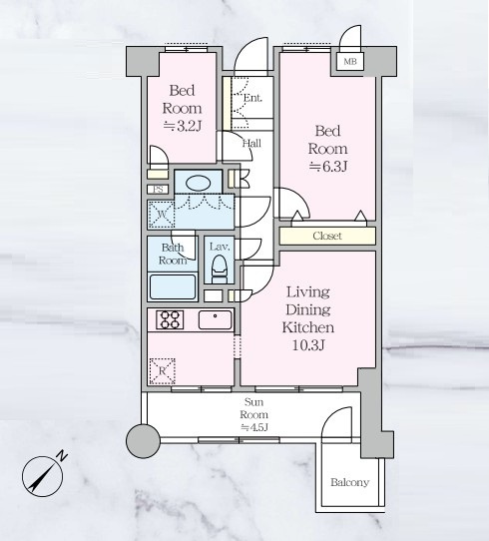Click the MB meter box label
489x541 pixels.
click(350, 62)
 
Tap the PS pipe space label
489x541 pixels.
click(158, 190)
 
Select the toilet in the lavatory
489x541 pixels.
click(219, 270)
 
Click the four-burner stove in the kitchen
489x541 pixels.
click(170, 319)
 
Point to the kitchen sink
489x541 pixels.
click(215, 319)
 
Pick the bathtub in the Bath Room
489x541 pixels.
click(173, 287)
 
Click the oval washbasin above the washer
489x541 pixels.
click(198, 183)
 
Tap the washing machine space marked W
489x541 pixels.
click(161, 215)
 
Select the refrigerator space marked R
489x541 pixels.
click(162, 371)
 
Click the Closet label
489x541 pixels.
click(327, 236)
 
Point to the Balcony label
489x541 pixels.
click(349, 482)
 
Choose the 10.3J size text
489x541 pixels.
click(308, 345)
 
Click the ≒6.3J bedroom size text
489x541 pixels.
click(327, 167)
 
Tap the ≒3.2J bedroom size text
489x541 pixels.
click(182, 127)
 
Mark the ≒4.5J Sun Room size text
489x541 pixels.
click(254, 427)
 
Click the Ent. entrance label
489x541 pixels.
click(252, 98)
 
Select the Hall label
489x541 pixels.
click(251, 143)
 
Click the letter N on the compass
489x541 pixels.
click(62, 456)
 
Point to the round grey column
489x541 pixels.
click(143, 441)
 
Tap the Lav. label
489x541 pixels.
click(220, 247)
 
